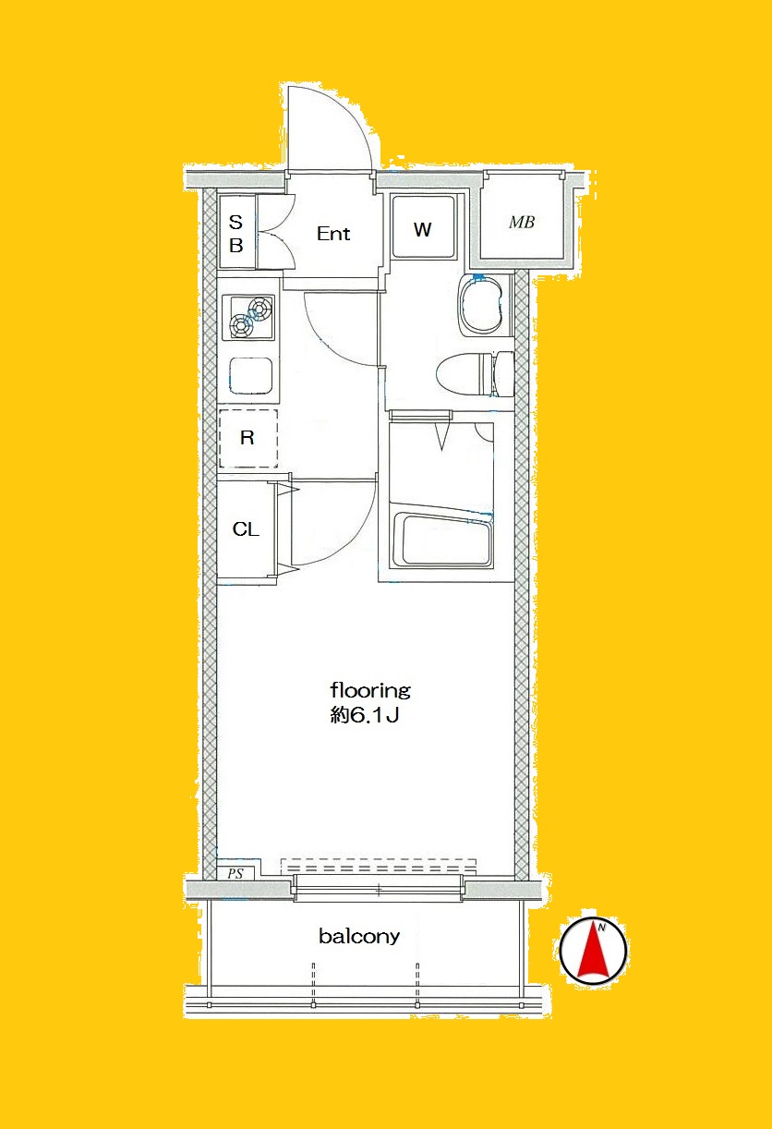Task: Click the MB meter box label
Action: [x=522, y=222]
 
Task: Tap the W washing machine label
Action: [x=423, y=230]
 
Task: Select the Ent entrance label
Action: [x=333, y=234]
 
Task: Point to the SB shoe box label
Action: [x=235, y=234]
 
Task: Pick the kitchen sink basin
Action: [x=251, y=375]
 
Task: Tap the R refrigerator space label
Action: [x=247, y=438]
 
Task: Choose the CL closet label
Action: [x=246, y=528]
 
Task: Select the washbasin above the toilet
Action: [x=481, y=306]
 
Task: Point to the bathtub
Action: [x=441, y=540]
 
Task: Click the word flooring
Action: [x=370, y=690]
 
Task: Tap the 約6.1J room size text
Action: [x=365, y=715]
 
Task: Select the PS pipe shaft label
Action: [x=235, y=873]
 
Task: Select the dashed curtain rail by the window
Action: [x=378, y=866]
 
